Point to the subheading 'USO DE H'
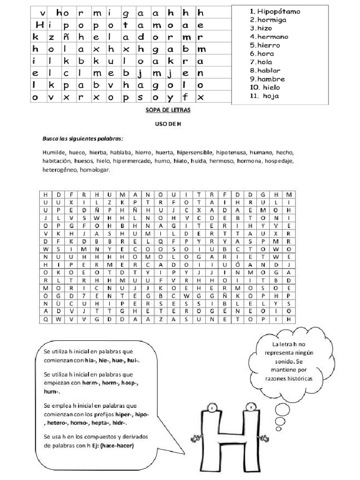click(167, 125)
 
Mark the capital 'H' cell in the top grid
click(39, 25)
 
